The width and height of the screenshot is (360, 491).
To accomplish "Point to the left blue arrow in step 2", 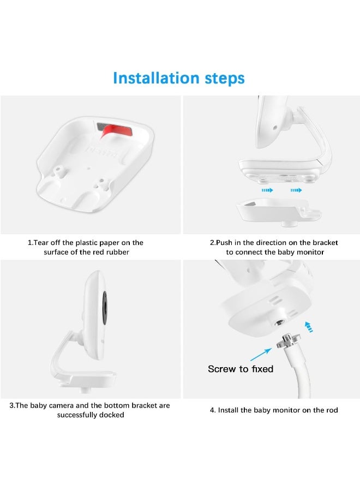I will pyautogui.click(x=267, y=190).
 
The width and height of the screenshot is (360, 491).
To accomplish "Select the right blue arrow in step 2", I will pyautogui.click(x=296, y=190).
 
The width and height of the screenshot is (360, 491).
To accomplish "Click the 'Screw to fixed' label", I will pyautogui.click(x=241, y=369).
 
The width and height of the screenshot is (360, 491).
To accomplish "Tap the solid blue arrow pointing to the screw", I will pyautogui.click(x=262, y=354).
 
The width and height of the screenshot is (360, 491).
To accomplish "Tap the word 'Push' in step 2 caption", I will pyautogui.click(x=226, y=243).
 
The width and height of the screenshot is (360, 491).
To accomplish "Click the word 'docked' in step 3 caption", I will pyautogui.click(x=112, y=415).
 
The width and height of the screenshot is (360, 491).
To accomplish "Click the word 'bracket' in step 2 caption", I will pyautogui.click(x=324, y=243).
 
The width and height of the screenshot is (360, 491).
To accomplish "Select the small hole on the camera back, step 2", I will pyautogui.click(x=274, y=126).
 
